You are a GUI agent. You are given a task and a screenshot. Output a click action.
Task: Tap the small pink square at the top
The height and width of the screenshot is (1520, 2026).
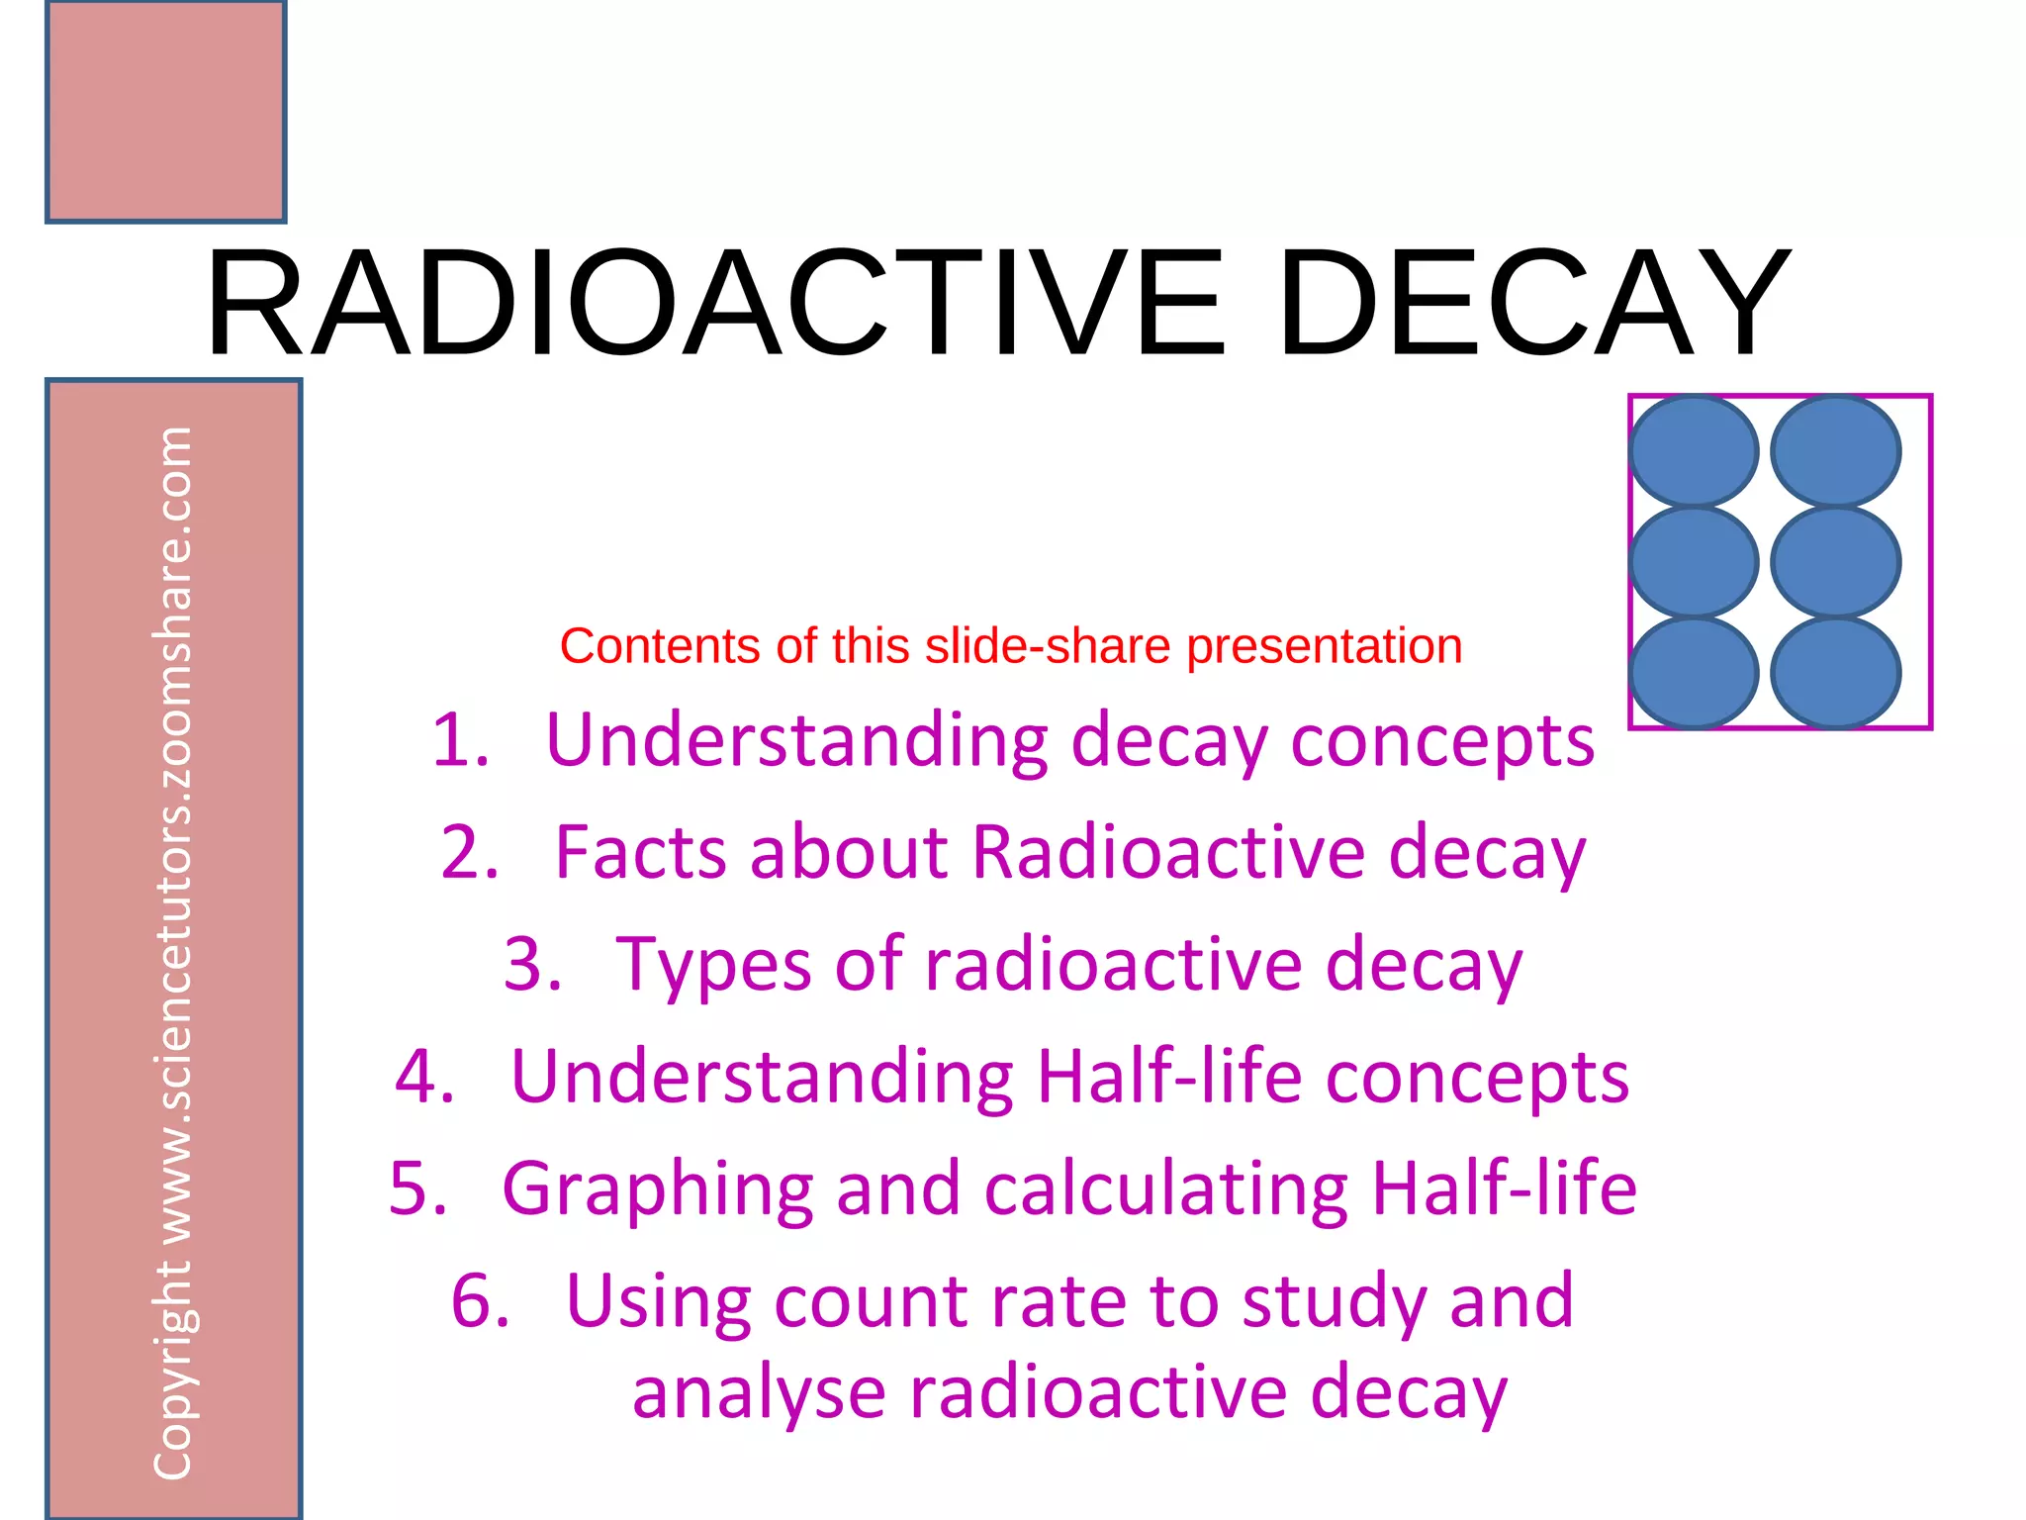165,111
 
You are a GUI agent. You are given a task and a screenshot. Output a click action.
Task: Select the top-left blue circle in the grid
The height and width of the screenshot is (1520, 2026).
1694,451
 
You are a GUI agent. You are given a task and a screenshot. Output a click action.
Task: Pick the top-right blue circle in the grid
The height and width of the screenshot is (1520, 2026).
1835,451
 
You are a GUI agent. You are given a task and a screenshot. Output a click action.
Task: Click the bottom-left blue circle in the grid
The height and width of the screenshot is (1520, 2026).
1694,673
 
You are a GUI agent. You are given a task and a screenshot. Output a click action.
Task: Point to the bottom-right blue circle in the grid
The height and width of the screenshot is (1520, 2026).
1835,673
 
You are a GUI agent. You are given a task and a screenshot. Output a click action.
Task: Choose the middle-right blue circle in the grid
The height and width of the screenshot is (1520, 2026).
1835,562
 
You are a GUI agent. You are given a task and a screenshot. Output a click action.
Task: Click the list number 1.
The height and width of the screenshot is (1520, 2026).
460,740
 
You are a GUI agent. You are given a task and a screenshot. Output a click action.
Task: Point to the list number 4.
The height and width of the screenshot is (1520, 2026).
424,1077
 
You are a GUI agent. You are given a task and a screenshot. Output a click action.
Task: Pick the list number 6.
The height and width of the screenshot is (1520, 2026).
480,1301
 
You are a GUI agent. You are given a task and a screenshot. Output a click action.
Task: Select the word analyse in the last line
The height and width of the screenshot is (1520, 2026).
758,1393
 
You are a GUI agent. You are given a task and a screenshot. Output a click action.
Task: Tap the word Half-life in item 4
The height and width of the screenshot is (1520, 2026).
1169,1077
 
